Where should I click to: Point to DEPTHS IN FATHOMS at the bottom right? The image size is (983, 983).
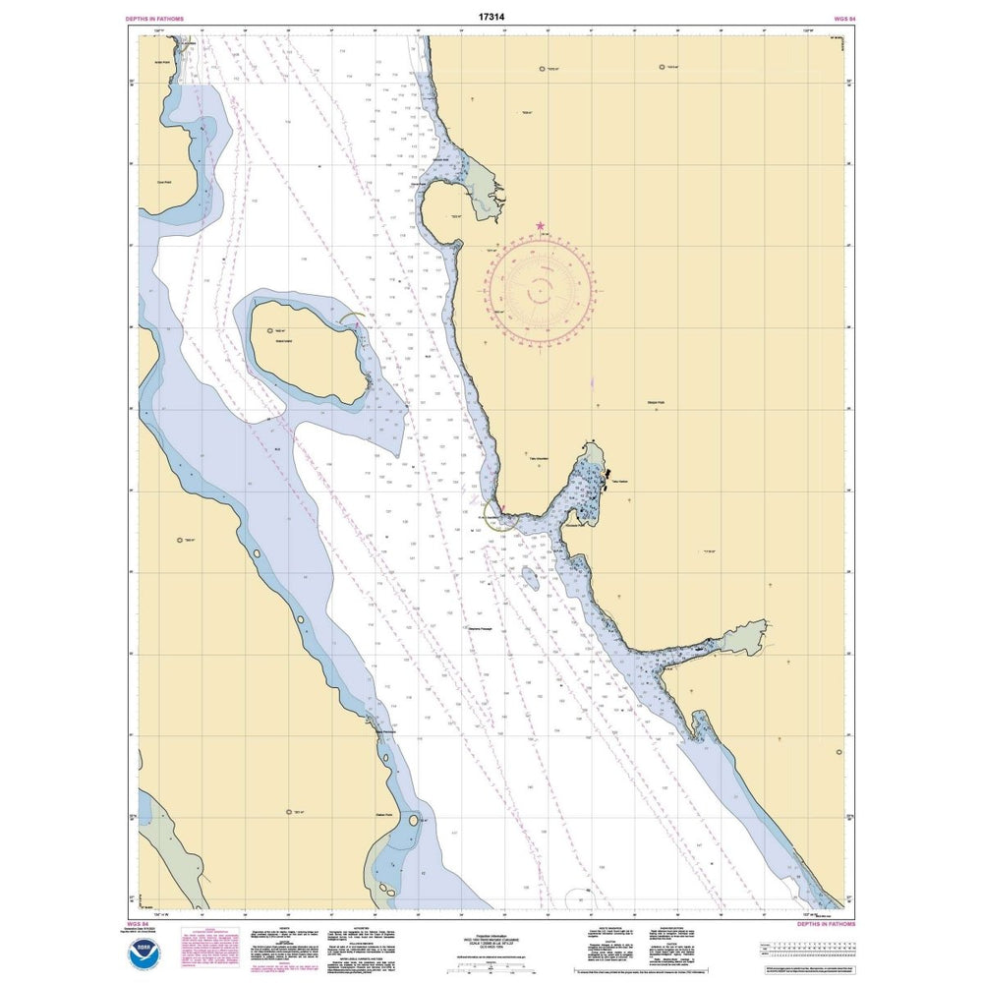[x=824, y=924]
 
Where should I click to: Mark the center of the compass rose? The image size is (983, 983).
[x=540, y=291]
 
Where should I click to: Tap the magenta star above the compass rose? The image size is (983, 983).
[x=540, y=226]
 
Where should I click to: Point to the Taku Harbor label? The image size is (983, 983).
[x=617, y=481]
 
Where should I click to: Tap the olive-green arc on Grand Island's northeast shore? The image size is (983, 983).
[x=354, y=319]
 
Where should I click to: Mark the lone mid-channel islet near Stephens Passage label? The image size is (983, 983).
[x=530, y=577]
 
